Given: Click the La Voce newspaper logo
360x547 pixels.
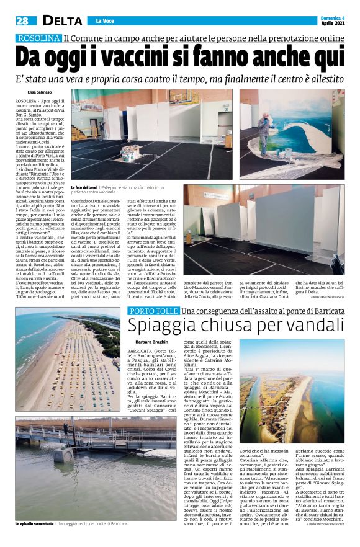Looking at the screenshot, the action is tap(103, 22).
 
